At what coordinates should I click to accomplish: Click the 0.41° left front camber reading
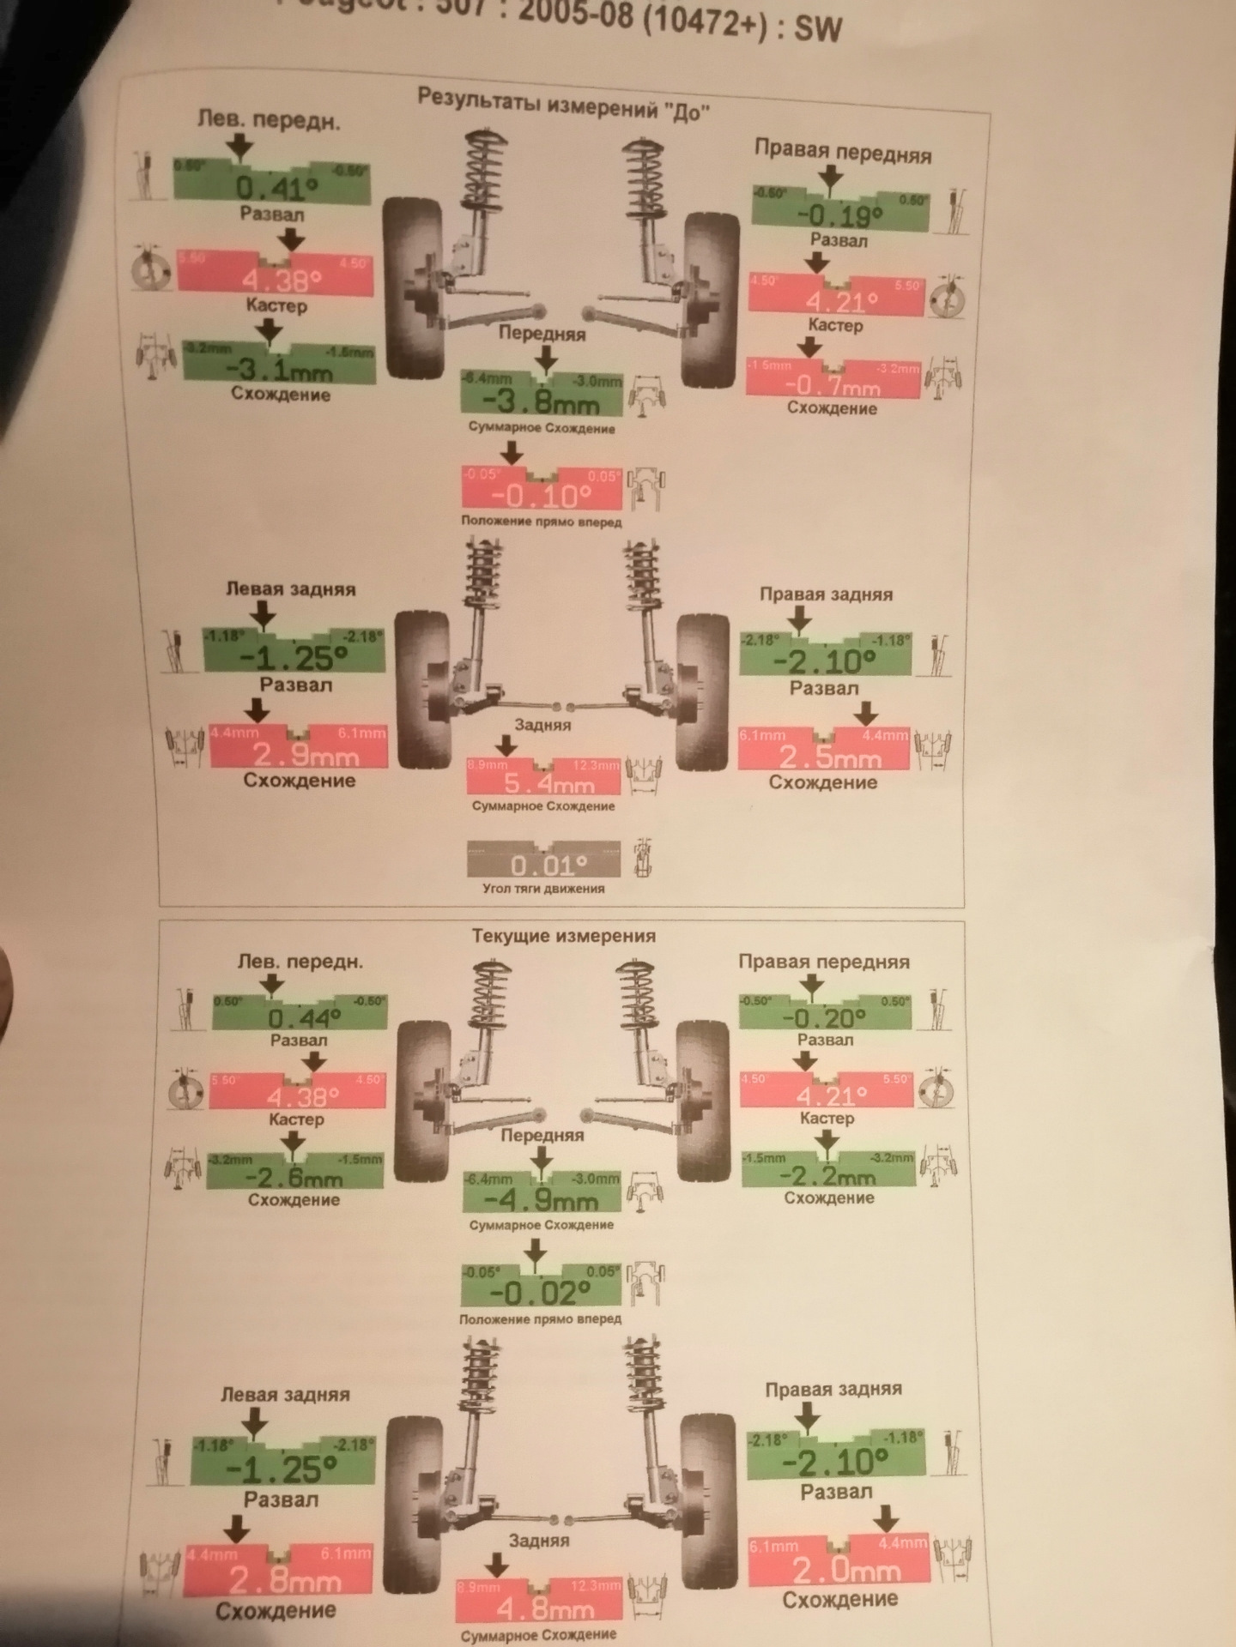[x=276, y=186]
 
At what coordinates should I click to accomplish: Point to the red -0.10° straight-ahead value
[x=541, y=496]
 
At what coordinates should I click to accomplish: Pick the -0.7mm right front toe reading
[x=832, y=385]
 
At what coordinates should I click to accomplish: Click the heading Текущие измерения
[x=563, y=936]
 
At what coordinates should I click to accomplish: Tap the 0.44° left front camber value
[x=304, y=1018]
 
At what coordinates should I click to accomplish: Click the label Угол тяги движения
[x=543, y=889]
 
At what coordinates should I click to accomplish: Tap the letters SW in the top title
[x=817, y=29]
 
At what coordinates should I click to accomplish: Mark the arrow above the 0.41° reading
[x=241, y=147]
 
